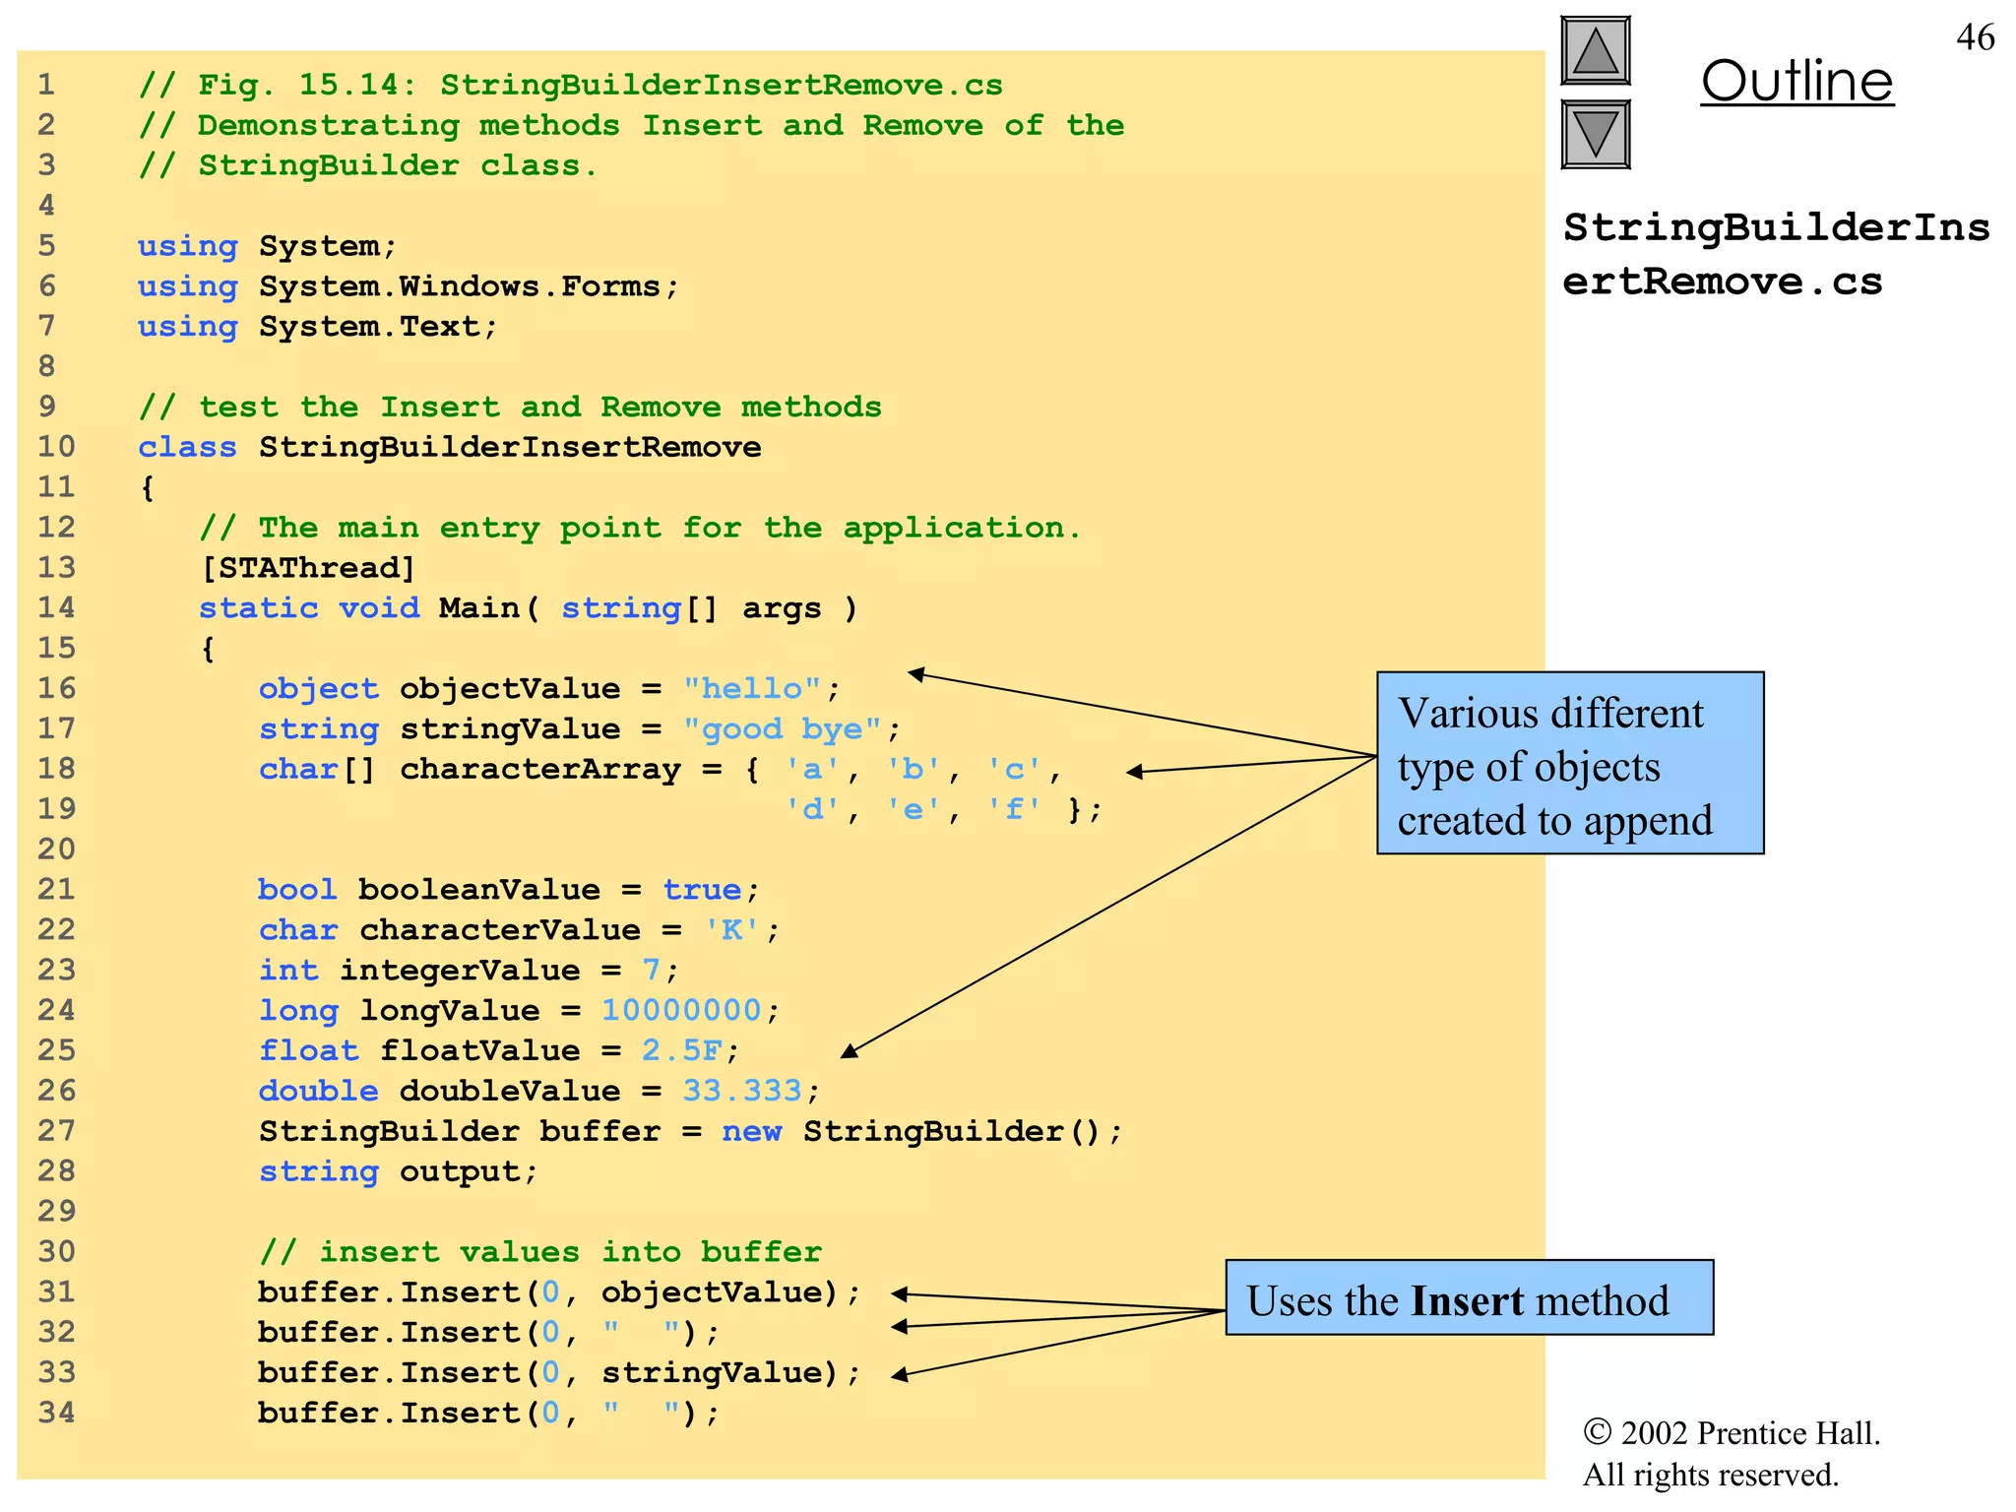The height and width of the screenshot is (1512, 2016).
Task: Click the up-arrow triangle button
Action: (1596, 51)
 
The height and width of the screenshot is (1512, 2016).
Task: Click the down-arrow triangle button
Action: (1596, 134)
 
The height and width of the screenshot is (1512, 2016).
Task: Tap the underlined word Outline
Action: (1796, 81)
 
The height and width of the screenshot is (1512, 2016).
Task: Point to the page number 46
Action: (1975, 37)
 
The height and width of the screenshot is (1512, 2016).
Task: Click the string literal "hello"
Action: (752, 688)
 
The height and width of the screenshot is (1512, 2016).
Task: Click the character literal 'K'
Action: (732, 929)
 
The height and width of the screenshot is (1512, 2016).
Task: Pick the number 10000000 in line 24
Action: (681, 1010)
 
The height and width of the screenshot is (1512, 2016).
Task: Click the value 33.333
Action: (742, 1091)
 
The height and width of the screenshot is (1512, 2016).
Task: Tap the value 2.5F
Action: (681, 1050)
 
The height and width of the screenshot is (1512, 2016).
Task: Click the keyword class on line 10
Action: (187, 447)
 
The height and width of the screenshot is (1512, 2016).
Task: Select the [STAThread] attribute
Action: (308, 568)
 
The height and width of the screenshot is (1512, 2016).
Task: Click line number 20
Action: (56, 849)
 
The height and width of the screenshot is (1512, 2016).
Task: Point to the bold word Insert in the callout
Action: (1467, 1300)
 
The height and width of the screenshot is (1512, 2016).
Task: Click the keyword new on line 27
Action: (752, 1131)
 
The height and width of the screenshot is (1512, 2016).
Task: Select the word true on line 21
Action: (702, 889)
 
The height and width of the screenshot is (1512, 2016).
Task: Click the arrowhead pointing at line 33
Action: (899, 1375)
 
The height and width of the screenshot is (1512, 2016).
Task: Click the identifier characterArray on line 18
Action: (540, 769)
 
